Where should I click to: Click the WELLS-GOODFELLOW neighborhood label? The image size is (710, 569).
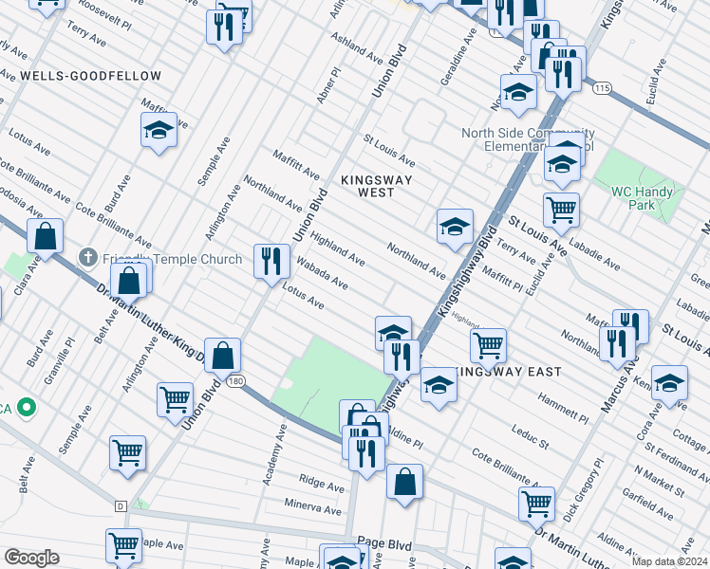[x=90, y=75]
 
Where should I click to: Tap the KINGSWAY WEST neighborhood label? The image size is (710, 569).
[x=362, y=185]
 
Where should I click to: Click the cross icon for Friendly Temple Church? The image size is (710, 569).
[x=87, y=257]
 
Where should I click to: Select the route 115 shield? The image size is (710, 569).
[x=599, y=87]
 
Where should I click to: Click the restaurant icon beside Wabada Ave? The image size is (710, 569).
[x=272, y=261]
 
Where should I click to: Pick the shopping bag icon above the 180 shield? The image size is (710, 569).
[x=222, y=356]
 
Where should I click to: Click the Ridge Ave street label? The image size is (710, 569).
[x=319, y=482]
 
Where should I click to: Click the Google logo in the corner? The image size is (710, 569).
[x=31, y=557]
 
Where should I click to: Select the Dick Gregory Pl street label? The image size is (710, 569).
[x=583, y=486]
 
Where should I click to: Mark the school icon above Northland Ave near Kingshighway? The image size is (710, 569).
[x=455, y=226]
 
